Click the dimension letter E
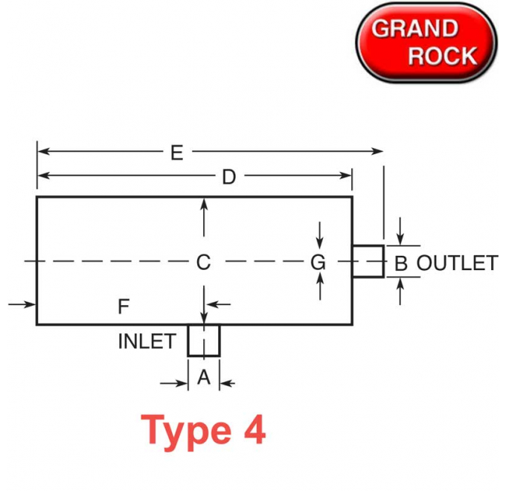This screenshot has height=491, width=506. coord(177,153)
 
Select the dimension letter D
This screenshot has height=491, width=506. coord(229,177)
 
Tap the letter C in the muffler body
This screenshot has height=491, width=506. coord(204,263)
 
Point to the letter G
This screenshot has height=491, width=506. coord(318,263)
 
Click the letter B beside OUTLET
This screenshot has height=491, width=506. coord(401,263)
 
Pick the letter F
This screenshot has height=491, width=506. coord(124,307)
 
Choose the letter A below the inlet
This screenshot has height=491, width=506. coord(204,376)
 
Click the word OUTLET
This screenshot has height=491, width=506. coord(458,263)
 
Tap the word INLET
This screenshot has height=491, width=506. coord(147,341)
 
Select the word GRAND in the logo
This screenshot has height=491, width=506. coord(415,28)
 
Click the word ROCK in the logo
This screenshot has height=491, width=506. coord(443,56)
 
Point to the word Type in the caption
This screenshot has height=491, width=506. coord(186,431)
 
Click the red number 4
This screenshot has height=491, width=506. coord(255,429)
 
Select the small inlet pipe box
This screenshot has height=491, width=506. coord(204,356)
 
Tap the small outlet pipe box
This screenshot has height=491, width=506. coord(383,261)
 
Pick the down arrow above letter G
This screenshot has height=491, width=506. coord(320,235)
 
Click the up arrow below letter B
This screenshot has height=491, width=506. coord(400,292)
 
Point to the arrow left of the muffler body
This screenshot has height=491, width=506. coord(22,304)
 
